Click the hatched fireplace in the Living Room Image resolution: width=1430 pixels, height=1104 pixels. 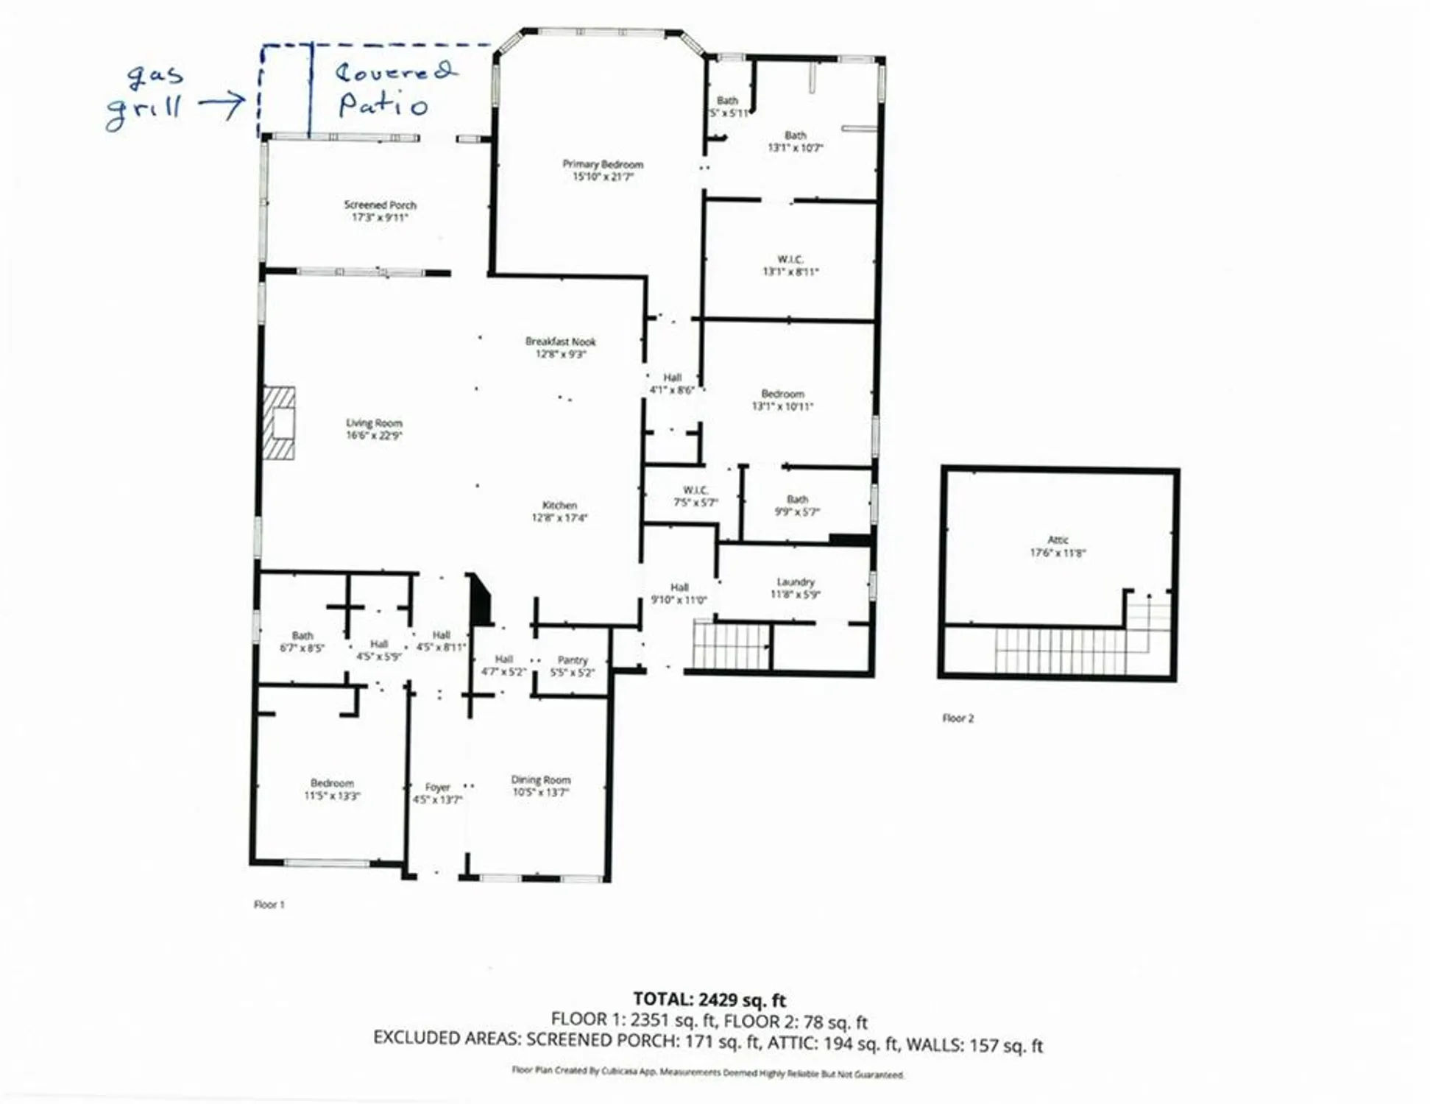pyautogui.click(x=279, y=423)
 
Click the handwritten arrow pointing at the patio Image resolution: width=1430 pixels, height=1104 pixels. pyautogui.click(x=222, y=105)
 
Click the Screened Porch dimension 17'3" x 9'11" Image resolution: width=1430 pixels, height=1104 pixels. pyautogui.click(x=380, y=218)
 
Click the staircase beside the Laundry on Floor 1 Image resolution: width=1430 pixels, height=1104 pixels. pyautogui.click(x=731, y=645)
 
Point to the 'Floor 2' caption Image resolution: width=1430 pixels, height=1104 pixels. pyautogui.click(x=958, y=718)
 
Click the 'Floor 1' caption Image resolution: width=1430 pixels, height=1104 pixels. pyautogui.click(x=269, y=905)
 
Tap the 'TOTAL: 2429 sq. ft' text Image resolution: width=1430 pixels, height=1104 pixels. pyautogui.click(x=709, y=999)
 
